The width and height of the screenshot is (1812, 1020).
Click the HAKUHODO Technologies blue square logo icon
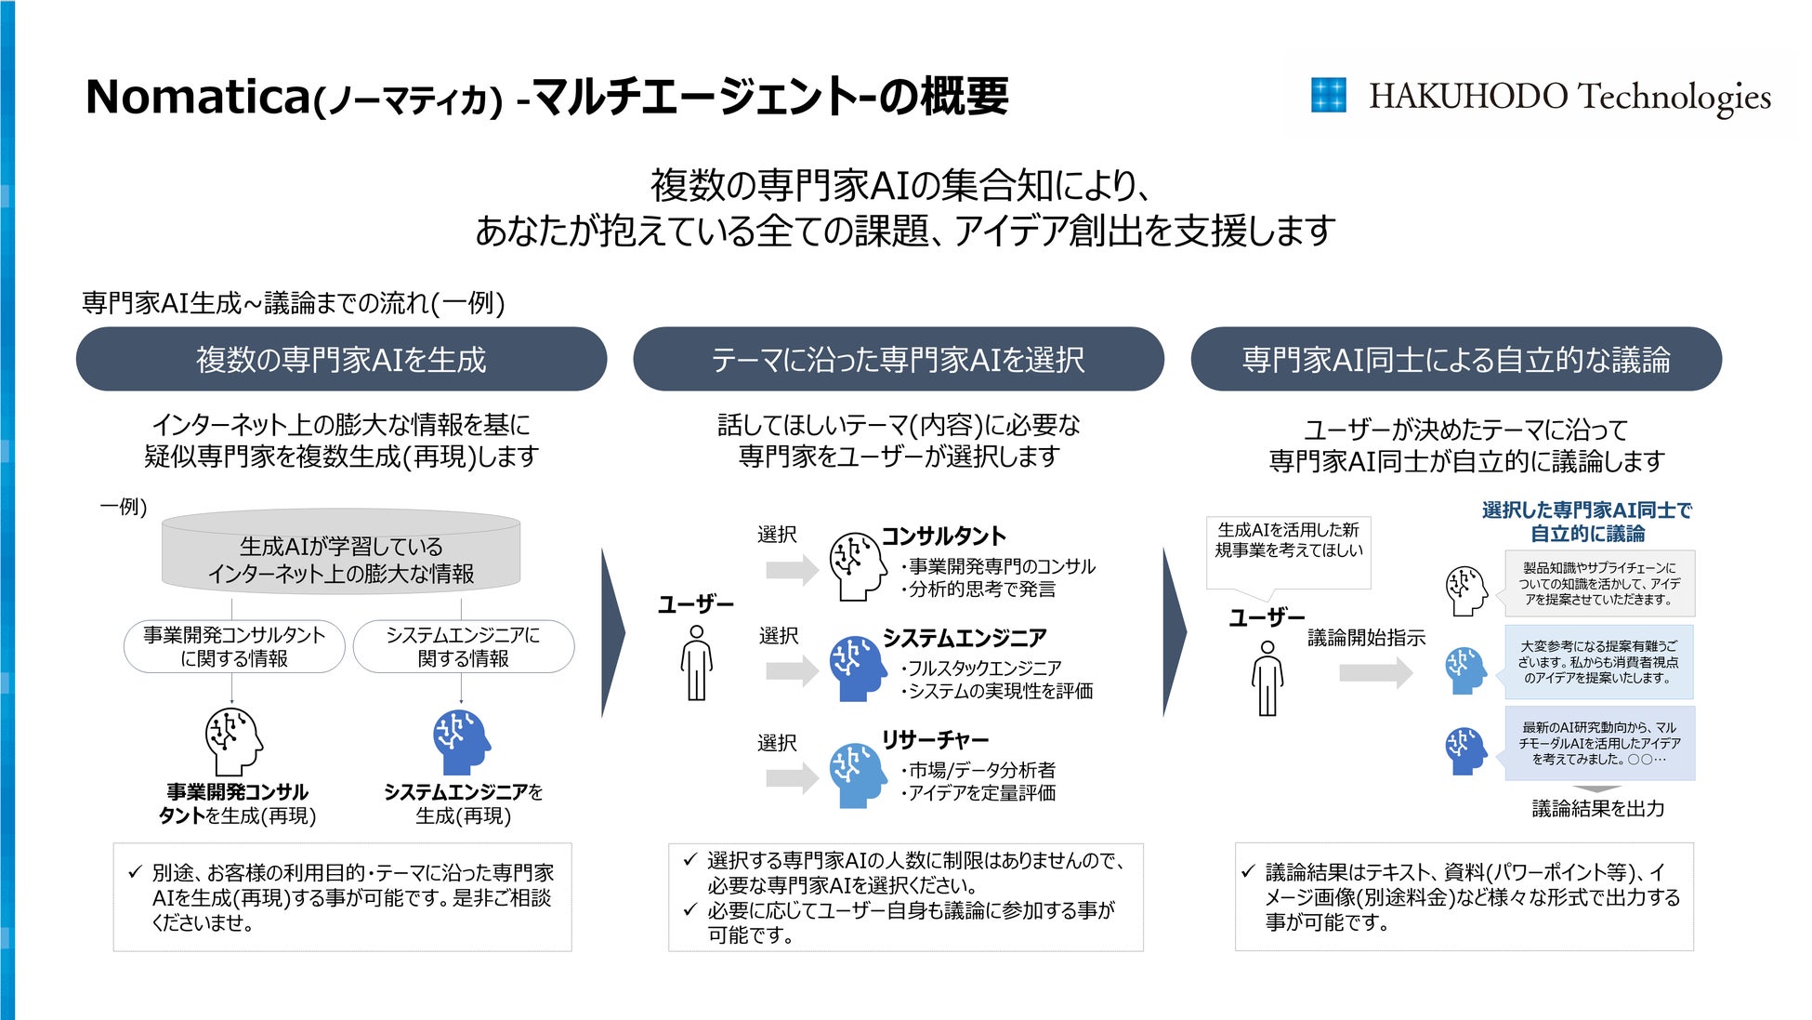1328,95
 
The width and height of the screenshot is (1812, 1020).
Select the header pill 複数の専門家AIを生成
341,359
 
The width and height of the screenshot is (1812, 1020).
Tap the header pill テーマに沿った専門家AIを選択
898,359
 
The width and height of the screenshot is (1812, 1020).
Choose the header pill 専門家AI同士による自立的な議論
1455,359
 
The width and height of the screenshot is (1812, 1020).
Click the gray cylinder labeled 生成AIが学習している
341,552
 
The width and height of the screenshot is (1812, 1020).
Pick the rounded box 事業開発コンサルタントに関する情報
234,646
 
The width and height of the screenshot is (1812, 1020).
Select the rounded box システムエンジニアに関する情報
463,646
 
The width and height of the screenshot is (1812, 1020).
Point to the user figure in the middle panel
696,662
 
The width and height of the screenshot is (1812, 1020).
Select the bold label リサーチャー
935,740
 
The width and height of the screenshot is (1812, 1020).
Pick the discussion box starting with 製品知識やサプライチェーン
1599,584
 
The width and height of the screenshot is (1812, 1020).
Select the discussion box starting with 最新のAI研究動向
1599,743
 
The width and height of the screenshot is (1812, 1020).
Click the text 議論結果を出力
1597,809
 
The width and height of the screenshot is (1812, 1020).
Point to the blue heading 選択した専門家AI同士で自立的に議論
1586,522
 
